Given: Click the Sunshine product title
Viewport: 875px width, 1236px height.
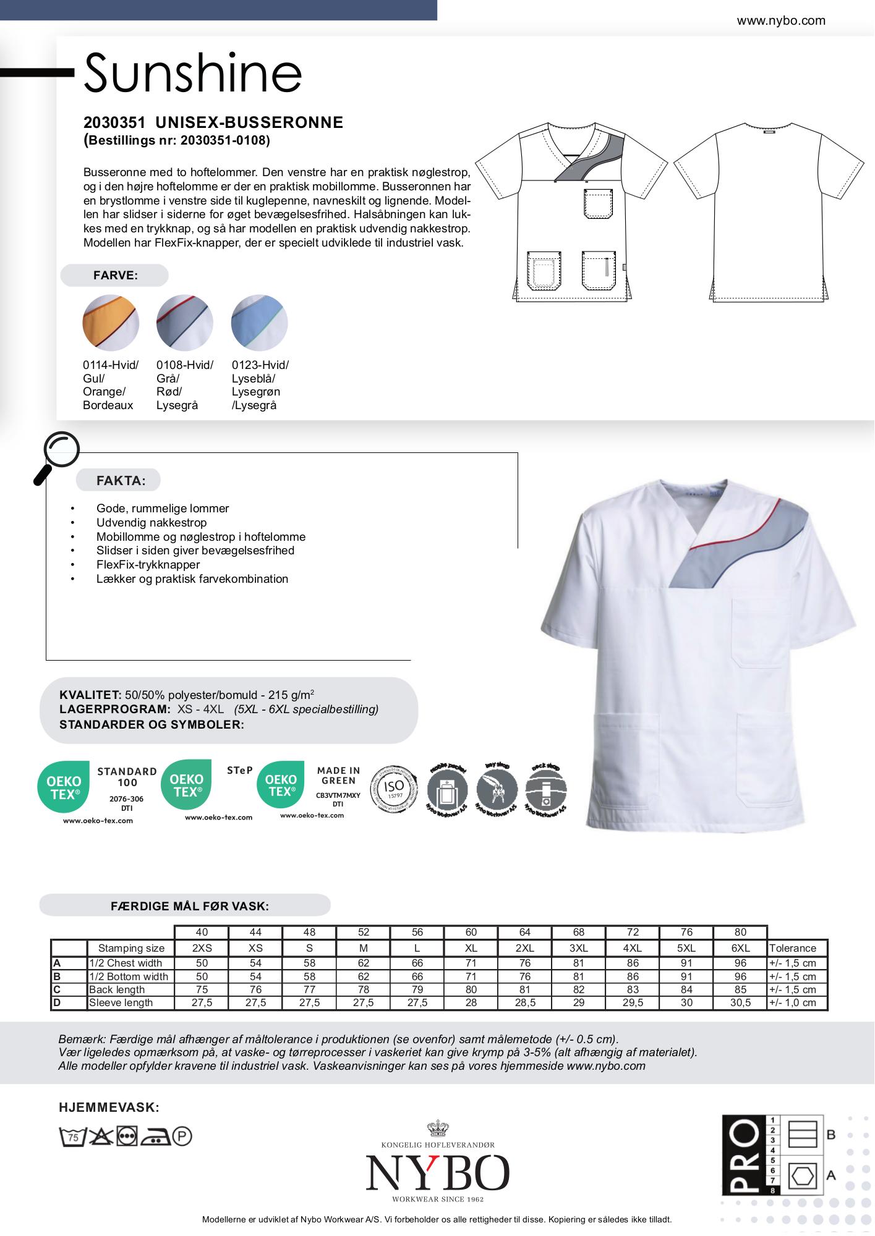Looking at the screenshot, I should (x=192, y=73).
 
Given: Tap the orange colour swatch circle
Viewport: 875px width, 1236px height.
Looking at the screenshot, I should (x=111, y=323).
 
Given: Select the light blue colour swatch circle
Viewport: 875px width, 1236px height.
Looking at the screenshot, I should (x=259, y=323).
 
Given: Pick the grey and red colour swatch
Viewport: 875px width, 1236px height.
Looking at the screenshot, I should (x=185, y=323).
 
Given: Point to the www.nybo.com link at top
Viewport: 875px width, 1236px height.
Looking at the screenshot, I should (x=780, y=20).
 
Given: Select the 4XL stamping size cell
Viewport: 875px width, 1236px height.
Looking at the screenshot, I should (x=633, y=948).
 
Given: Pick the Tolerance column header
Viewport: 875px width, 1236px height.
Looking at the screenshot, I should (x=793, y=948).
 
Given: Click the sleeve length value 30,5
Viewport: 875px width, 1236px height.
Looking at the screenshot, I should (x=740, y=1002).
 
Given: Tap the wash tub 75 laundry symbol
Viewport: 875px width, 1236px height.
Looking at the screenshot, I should (x=72, y=1136).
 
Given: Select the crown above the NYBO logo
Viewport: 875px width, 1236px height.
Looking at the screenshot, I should (x=437, y=1128).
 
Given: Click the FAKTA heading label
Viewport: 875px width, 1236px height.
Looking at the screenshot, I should (x=121, y=480).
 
